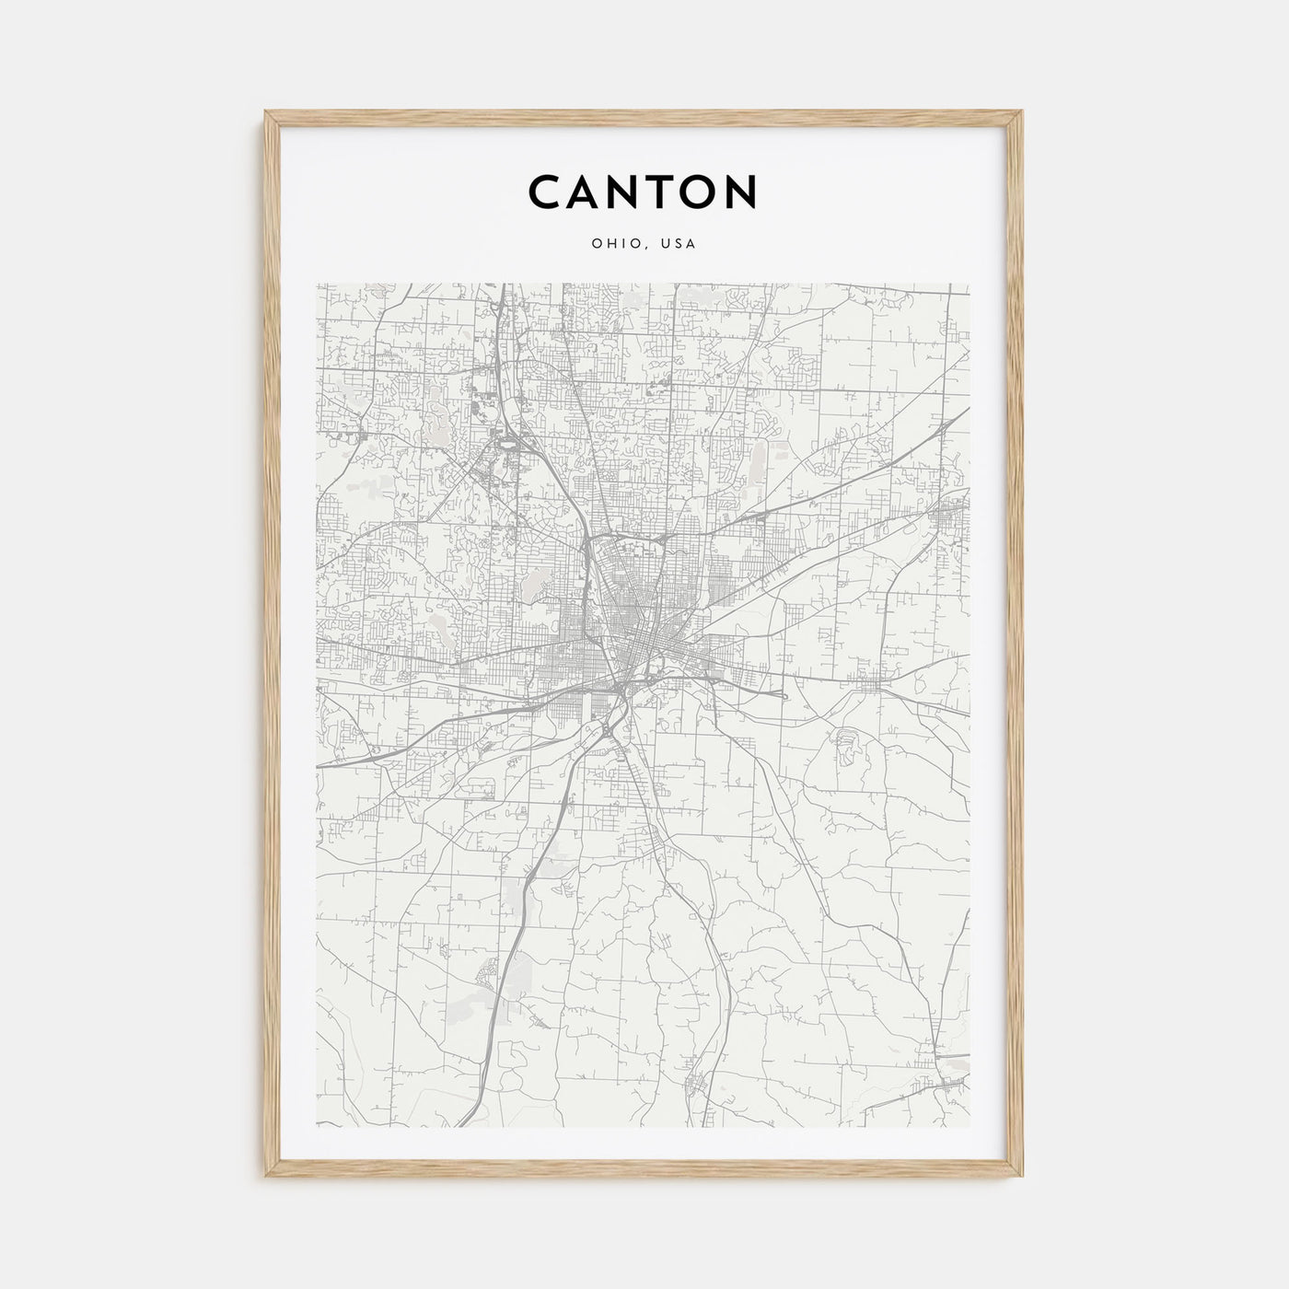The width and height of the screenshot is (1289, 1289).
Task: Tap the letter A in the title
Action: [x=592, y=192]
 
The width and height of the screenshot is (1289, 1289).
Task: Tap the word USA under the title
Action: [x=679, y=244]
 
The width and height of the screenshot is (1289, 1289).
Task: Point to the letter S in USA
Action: [x=679, y=244]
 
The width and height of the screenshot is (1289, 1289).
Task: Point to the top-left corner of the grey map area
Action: [x=318, y=285]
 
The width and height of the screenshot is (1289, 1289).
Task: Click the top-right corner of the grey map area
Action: [x=970, y=285]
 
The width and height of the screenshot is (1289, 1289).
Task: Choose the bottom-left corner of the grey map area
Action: [x=318, y=1127]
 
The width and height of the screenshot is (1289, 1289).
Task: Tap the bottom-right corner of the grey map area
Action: [x=970, y=1127]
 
